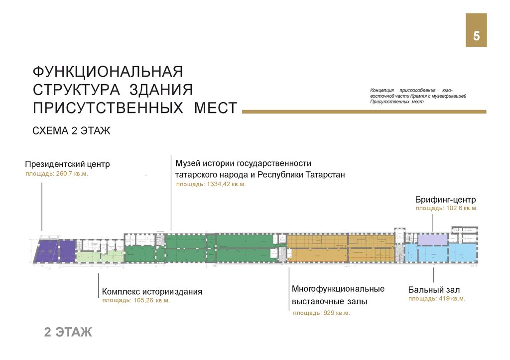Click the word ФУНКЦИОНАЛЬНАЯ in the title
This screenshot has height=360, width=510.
point(108,71)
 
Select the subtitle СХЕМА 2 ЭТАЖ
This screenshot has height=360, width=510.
point(71,131)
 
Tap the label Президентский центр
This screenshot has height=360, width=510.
point(67,164)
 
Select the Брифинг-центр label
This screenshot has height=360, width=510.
point(446,200)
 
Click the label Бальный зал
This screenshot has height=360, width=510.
point(434,290)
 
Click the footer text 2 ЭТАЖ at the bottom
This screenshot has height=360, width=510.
point(68,332)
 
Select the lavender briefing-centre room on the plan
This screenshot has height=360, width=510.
point(432,240)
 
